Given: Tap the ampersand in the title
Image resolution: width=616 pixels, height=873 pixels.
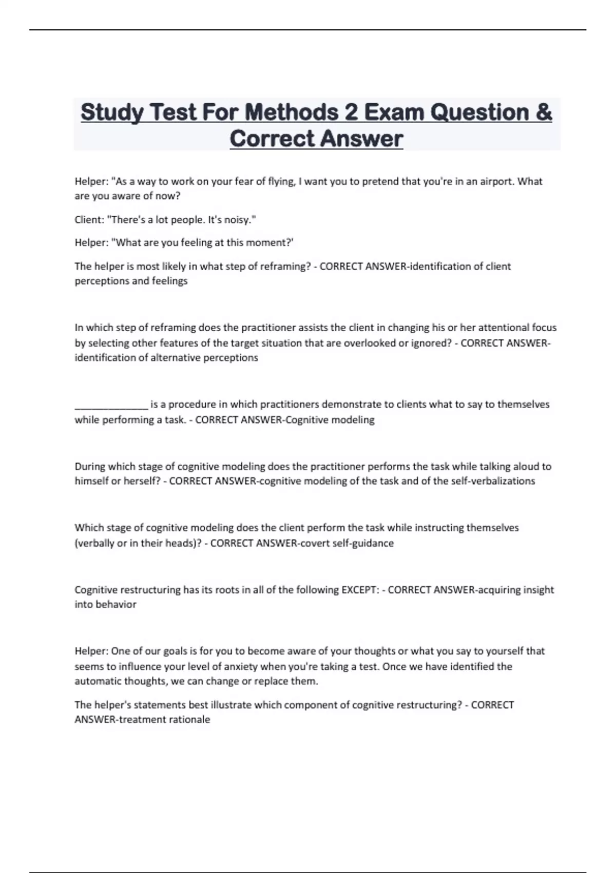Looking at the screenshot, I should click(543, 112).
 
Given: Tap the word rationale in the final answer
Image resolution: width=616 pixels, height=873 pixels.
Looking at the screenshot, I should click(189, 719).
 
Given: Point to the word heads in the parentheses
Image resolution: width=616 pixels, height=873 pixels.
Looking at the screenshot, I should click(179, 543).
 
